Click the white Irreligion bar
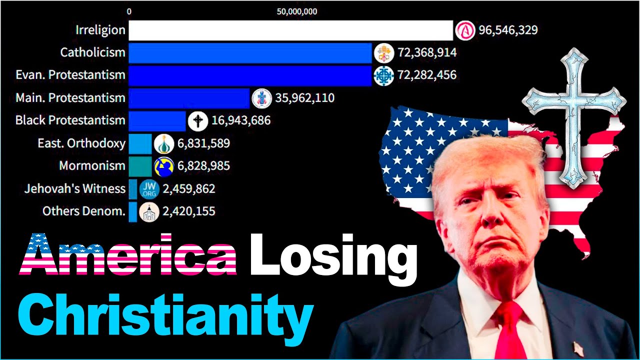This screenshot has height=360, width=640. click(x=290, y=30)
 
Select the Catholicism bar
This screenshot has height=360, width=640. click(x=250, y=52)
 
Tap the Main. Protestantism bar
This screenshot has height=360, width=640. click(x=188, y=98)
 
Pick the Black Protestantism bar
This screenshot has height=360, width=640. click(x=156, y=120)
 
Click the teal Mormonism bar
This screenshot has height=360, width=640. click(x=140, y=166)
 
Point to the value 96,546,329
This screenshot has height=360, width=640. click(x=508, y=30)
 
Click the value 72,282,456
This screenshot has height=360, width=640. click(x=426, y=75)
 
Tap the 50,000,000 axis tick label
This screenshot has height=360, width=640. click(x=297, y=12)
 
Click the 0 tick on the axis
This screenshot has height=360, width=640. click(x=129, y=12)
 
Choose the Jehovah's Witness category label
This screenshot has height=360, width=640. click(x=75, y=188)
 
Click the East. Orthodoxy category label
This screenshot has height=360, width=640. click(x=81, y=143)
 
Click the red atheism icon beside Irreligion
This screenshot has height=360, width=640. click(x=464, y=30)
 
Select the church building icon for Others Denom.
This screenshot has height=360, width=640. click(x=149, y=211)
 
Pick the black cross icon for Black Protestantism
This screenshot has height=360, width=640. click(x=198, y=121)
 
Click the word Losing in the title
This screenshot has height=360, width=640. click(x=333, y=255)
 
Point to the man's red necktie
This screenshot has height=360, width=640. click(x=510, y=330)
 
